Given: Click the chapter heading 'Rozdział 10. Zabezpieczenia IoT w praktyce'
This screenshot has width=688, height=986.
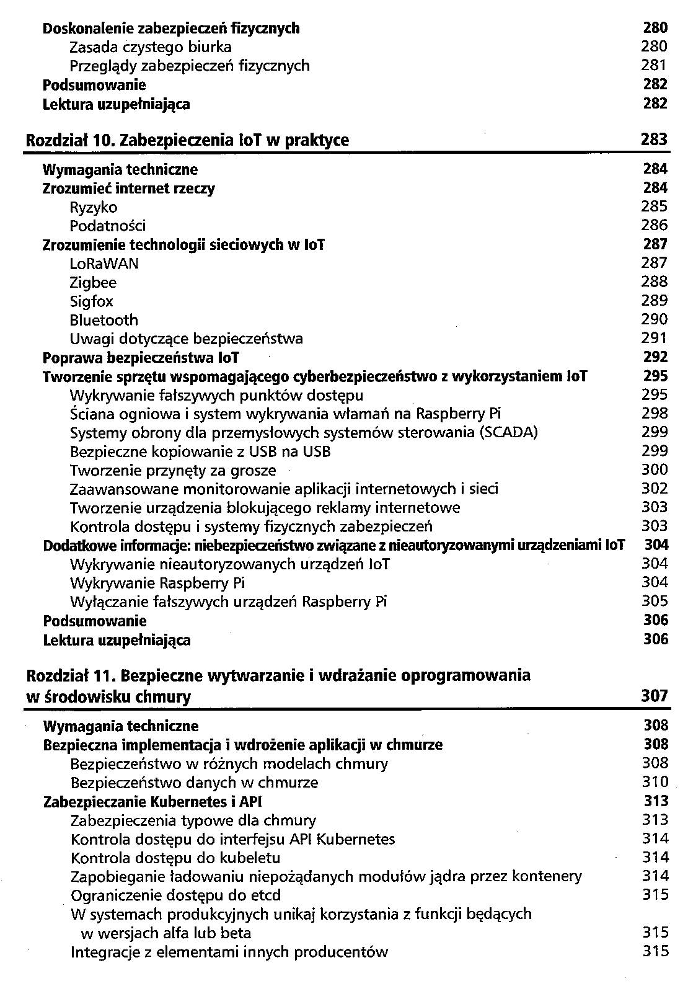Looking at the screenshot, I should tap(187, 141).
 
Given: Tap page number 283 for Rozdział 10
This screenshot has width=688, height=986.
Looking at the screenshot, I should tap(655, 140).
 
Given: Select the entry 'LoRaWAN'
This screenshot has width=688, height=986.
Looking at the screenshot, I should tap(104, 264).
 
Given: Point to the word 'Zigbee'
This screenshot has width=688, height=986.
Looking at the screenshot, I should tap(93, 283).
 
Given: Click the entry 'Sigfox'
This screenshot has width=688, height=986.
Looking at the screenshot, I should tap(91, 301).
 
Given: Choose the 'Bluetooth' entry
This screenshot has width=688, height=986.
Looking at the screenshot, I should tap(104, 320).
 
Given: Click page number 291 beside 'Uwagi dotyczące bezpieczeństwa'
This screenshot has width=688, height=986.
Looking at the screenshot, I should tap(655, 338).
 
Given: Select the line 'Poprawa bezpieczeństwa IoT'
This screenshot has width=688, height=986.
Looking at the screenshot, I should tap(141, 358).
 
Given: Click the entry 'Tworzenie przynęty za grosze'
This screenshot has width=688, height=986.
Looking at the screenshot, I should tap(173, 470).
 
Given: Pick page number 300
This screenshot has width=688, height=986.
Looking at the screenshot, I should tap(655, 469).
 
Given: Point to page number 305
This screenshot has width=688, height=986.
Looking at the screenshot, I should tap(655, 601).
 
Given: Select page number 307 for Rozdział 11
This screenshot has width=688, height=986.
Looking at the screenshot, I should tap(655, 696).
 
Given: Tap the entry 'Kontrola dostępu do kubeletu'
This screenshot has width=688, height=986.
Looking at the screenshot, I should tap(175, 858).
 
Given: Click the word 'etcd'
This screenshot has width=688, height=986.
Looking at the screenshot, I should tap(265, 895).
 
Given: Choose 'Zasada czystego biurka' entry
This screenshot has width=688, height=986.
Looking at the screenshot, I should tap(151, 47).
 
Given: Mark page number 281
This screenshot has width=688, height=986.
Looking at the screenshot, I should tap(655, 65).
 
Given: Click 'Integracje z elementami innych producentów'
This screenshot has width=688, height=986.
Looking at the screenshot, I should tap(229, 952).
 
